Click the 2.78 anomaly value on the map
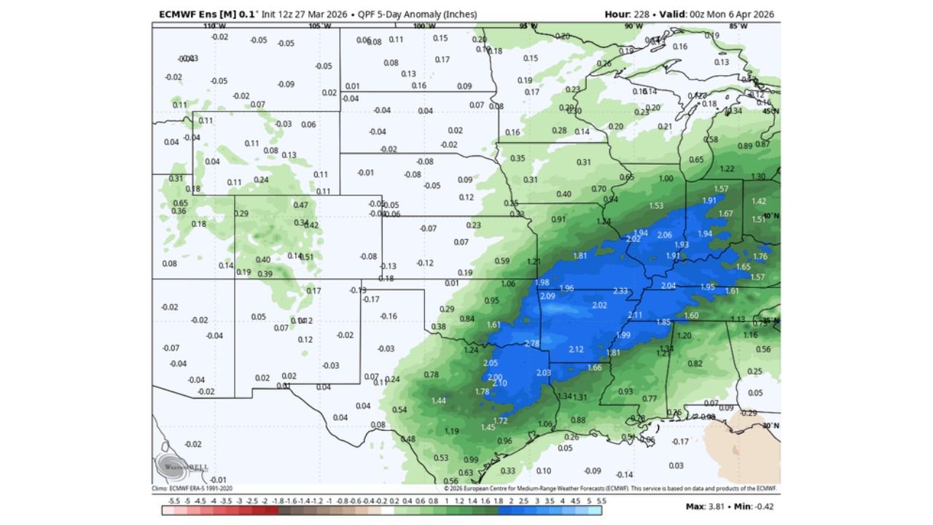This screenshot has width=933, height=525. [x=532, y=343]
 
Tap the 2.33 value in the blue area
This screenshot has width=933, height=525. [x=620, y=291]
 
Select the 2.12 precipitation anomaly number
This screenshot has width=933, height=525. [x=576, y=349]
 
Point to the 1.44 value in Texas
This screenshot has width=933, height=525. [x=439, y=400]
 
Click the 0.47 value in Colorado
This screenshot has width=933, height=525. [x=300, y=205]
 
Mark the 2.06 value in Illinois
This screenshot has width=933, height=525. [x=665, y=235]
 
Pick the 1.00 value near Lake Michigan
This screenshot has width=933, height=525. [x=666, y=179]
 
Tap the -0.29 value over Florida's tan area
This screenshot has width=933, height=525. [x=749, y=413]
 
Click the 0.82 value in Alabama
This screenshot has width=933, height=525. [x=695, y=364]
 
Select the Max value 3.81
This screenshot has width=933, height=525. [x=713, y=506]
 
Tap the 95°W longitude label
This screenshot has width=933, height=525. [x=528, y=26]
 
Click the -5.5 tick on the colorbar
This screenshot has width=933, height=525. [x=173, y=501]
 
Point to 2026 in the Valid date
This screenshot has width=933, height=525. [x=763, y=14]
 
